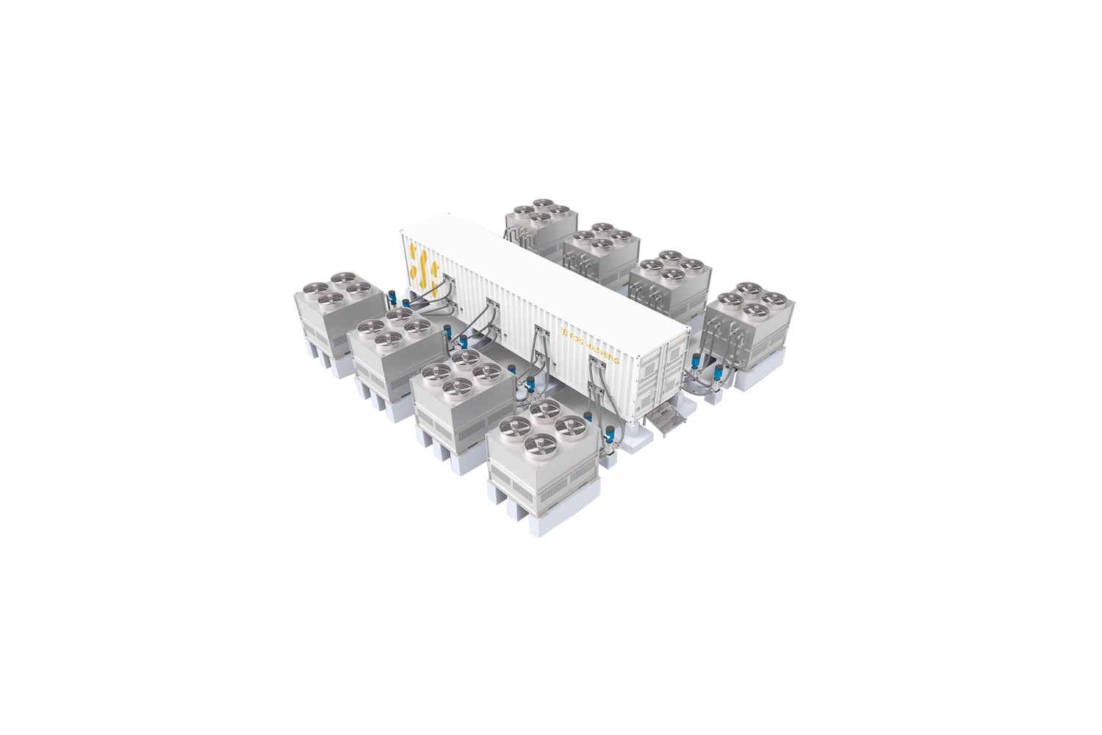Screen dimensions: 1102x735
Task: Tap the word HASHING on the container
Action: (601, 351)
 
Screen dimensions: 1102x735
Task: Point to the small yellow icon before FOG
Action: (563, 331)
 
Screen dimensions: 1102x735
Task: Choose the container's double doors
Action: (664, 375)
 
